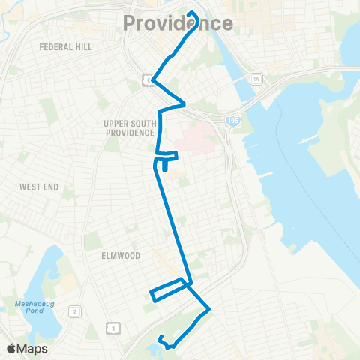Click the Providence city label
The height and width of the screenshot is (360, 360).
click(x=178, y=24)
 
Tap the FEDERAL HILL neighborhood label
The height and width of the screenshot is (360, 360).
click(x=66, y=46)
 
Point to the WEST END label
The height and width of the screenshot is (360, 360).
click(x=39, y=187)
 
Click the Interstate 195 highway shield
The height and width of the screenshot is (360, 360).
click(x=232, y=119)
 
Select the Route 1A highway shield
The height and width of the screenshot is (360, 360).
click(x=256, y=78)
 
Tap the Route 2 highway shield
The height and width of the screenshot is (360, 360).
click(x=75, y=310)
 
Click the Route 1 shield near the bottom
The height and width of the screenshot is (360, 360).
click(x=112, y=327)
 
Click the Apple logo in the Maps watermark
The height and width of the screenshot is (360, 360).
click(x=11, y=348)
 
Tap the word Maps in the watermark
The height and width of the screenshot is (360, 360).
click(x=33, y=348)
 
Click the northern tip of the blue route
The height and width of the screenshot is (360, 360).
click(x=192, y=13)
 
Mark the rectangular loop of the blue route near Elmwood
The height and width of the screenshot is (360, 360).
click(x=169, y=290)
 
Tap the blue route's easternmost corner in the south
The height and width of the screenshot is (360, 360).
click(x=208, y=308)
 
